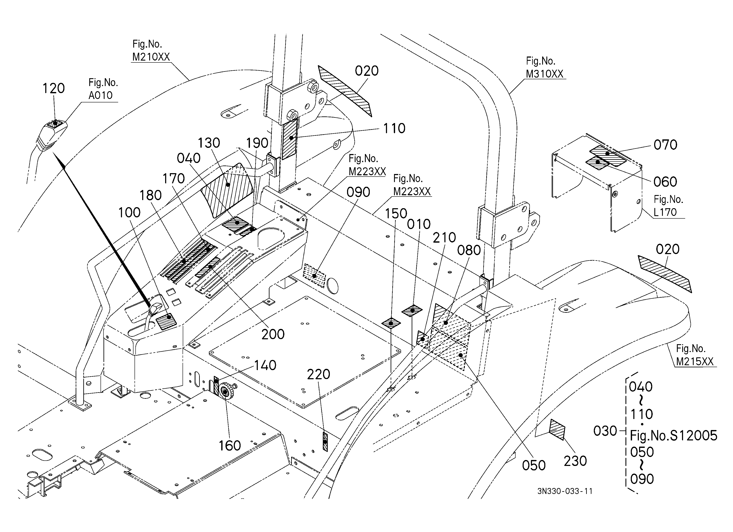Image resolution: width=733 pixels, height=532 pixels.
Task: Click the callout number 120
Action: tap(54, 88)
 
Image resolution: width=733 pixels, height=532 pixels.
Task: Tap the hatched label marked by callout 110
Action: tap(290, 138)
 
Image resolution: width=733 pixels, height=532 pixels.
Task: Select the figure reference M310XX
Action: tap(544, 74)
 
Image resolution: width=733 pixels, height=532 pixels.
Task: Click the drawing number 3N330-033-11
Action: tap(565, 491)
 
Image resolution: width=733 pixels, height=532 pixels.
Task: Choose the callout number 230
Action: tap(575, 461)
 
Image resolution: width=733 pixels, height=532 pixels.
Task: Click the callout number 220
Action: tap(318, 374)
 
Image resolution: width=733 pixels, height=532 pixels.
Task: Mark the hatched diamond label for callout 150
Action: tap(391, 323)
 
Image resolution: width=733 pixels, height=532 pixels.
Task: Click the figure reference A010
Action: tap(101, 95)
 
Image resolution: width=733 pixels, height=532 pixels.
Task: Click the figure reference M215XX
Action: tap(695, 361)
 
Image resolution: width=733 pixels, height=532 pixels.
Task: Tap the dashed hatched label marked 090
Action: tap(314, 276)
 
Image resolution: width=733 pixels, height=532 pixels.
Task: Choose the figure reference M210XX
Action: tap(151, 57)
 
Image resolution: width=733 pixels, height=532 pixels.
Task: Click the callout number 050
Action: tap(534, 466)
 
